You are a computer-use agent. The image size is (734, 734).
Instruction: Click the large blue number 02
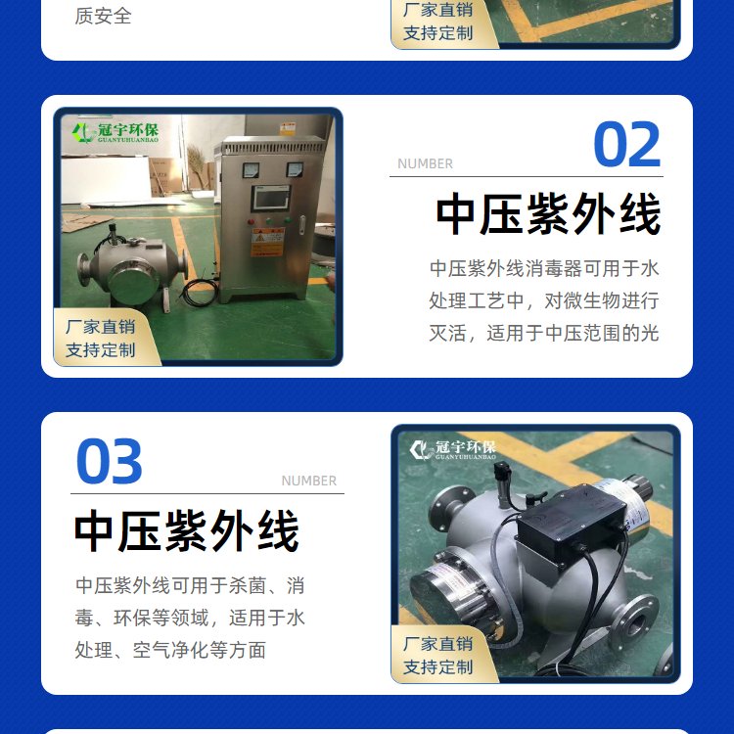[x=626, y=144]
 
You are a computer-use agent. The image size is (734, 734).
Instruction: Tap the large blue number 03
[x=109, y=461]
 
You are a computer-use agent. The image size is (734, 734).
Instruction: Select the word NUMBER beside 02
[x=425, y=163]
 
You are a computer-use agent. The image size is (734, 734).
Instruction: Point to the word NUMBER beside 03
[x=309, y=481]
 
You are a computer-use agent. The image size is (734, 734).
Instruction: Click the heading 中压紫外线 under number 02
[x=548, y=214]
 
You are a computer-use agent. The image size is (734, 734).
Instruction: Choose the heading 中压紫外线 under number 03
[x=187, y=531]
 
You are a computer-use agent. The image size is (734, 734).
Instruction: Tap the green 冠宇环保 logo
[x=115, y=132]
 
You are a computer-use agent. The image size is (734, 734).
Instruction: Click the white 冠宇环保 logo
[x=453, y=449]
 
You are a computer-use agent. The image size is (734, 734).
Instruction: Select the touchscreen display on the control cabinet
[x=271, y=198]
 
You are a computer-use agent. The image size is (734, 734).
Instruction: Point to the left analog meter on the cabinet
[x=251, y=170]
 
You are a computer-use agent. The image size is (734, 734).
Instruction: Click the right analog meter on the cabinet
[x=295, y=169]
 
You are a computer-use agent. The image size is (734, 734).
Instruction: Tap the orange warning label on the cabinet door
[x=268, y=242]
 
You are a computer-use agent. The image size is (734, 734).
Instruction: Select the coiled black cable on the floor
[x=200, y=292]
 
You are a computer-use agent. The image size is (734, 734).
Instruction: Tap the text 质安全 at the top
[x=103, y=17]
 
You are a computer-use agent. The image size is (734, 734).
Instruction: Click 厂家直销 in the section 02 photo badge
[x=101, y=327]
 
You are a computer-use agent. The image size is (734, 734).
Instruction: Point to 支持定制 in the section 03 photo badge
[x=438, y=667]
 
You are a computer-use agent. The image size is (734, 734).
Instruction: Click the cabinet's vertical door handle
[x=302, y=224]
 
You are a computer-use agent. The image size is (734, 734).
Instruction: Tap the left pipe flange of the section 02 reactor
[x=84, y=268]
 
